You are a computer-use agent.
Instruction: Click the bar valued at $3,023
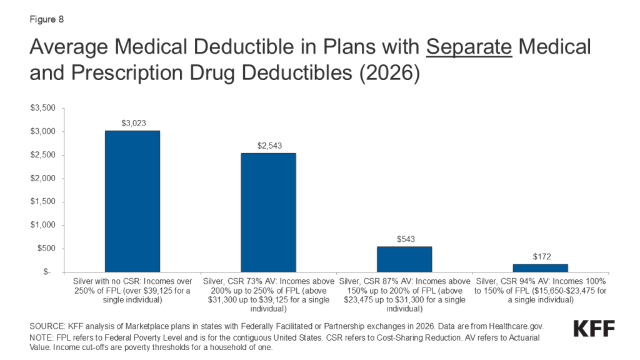point(132,201)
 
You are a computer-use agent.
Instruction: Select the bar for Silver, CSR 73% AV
point(268,212)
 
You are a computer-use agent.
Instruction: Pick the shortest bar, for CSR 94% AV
point(540,268)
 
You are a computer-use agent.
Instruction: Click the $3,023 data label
point(132,124)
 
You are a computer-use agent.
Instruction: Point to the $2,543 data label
point(268,146)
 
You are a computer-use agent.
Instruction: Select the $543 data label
point(404,239)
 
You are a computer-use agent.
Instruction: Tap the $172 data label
point(540,257)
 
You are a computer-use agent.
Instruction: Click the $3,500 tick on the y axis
point(43,108)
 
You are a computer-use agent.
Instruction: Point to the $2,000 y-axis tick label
point(43,179)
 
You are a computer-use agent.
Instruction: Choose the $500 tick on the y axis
point(46,249)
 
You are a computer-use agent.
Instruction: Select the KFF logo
point(594,329)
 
